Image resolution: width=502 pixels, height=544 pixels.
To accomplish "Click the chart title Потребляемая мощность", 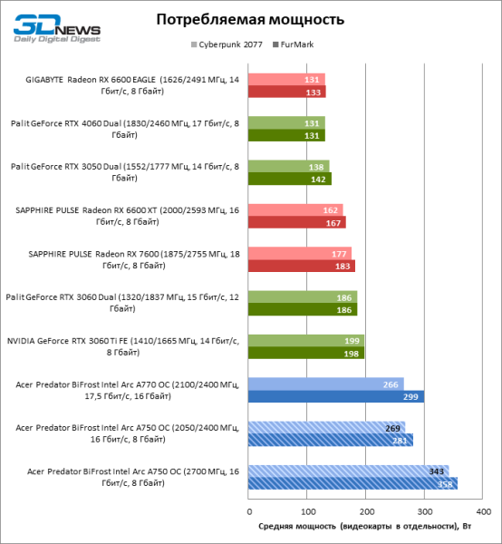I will pos(250,19).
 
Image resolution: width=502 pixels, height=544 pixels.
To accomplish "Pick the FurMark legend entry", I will pos(297,44).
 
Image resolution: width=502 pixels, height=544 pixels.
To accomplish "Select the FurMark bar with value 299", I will pos(335,396).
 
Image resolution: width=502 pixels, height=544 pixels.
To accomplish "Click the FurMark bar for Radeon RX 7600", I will pos(301,266).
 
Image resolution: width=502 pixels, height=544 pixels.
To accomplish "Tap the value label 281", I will pos(398,440).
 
